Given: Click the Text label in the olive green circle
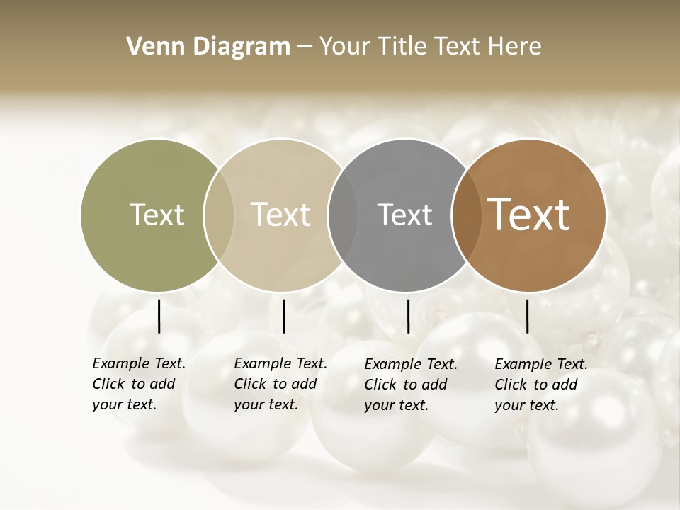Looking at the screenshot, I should (157, 215).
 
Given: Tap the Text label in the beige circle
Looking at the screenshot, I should (281, 215).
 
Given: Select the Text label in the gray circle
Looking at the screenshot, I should (404, 215).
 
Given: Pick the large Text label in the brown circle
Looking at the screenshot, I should (529, 215).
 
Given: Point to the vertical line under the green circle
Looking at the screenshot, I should (159, 316).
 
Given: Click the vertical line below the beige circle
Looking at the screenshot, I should (283, 316).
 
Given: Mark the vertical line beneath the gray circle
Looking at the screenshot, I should (408, 316).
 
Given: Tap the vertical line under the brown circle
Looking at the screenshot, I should (527, 316).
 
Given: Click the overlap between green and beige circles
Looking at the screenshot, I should (219, 215).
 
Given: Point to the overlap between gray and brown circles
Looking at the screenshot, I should (466, 215).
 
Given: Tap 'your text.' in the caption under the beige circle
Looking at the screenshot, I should (266, 404).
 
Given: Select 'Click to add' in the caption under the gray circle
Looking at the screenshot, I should (406, 385).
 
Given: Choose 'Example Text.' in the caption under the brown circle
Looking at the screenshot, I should (541, 364).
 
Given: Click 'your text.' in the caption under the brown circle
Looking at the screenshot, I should (526, 405).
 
